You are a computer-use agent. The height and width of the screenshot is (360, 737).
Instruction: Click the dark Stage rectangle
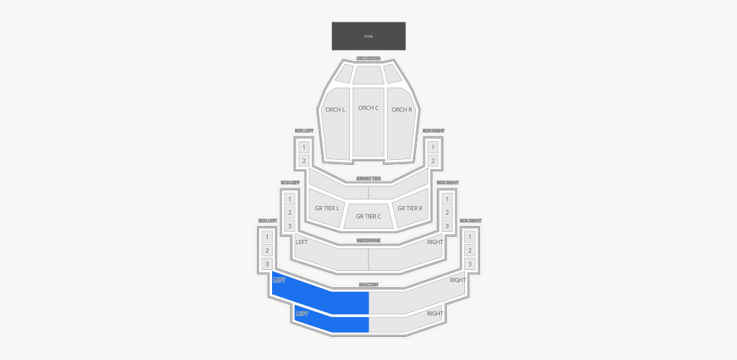[x=368, y=36]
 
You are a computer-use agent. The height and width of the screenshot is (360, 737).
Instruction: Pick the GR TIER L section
[x=327, y=208]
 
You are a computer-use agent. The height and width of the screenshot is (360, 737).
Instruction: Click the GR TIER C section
[x=368, y=216]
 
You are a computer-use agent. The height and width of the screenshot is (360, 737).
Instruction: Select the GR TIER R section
[x=410, y=208]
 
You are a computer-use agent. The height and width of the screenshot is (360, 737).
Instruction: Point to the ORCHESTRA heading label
[x=368, y=58]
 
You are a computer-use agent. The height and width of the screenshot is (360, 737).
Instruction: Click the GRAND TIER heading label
[x=368, y=178]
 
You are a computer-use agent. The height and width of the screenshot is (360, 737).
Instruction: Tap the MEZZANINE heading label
[x=368, y=240]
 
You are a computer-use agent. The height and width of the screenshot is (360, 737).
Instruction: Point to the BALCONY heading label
[x=368, y=285]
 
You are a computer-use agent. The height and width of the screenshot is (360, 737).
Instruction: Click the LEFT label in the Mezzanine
[x=302, y=242]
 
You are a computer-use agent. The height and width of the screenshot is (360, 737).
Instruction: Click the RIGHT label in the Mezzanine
[x=435, y=242]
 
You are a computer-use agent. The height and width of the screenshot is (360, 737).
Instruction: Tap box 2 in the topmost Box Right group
[x=433, y=161]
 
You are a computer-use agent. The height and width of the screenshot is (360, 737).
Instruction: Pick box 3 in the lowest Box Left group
[x=267, y=264]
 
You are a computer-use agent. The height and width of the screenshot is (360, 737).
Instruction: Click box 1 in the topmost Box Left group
[x=304, y=147]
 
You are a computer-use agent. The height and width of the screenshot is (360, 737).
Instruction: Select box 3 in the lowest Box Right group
[x=470, y=264]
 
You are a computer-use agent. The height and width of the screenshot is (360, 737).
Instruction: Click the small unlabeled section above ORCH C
[x=368, y=74]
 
